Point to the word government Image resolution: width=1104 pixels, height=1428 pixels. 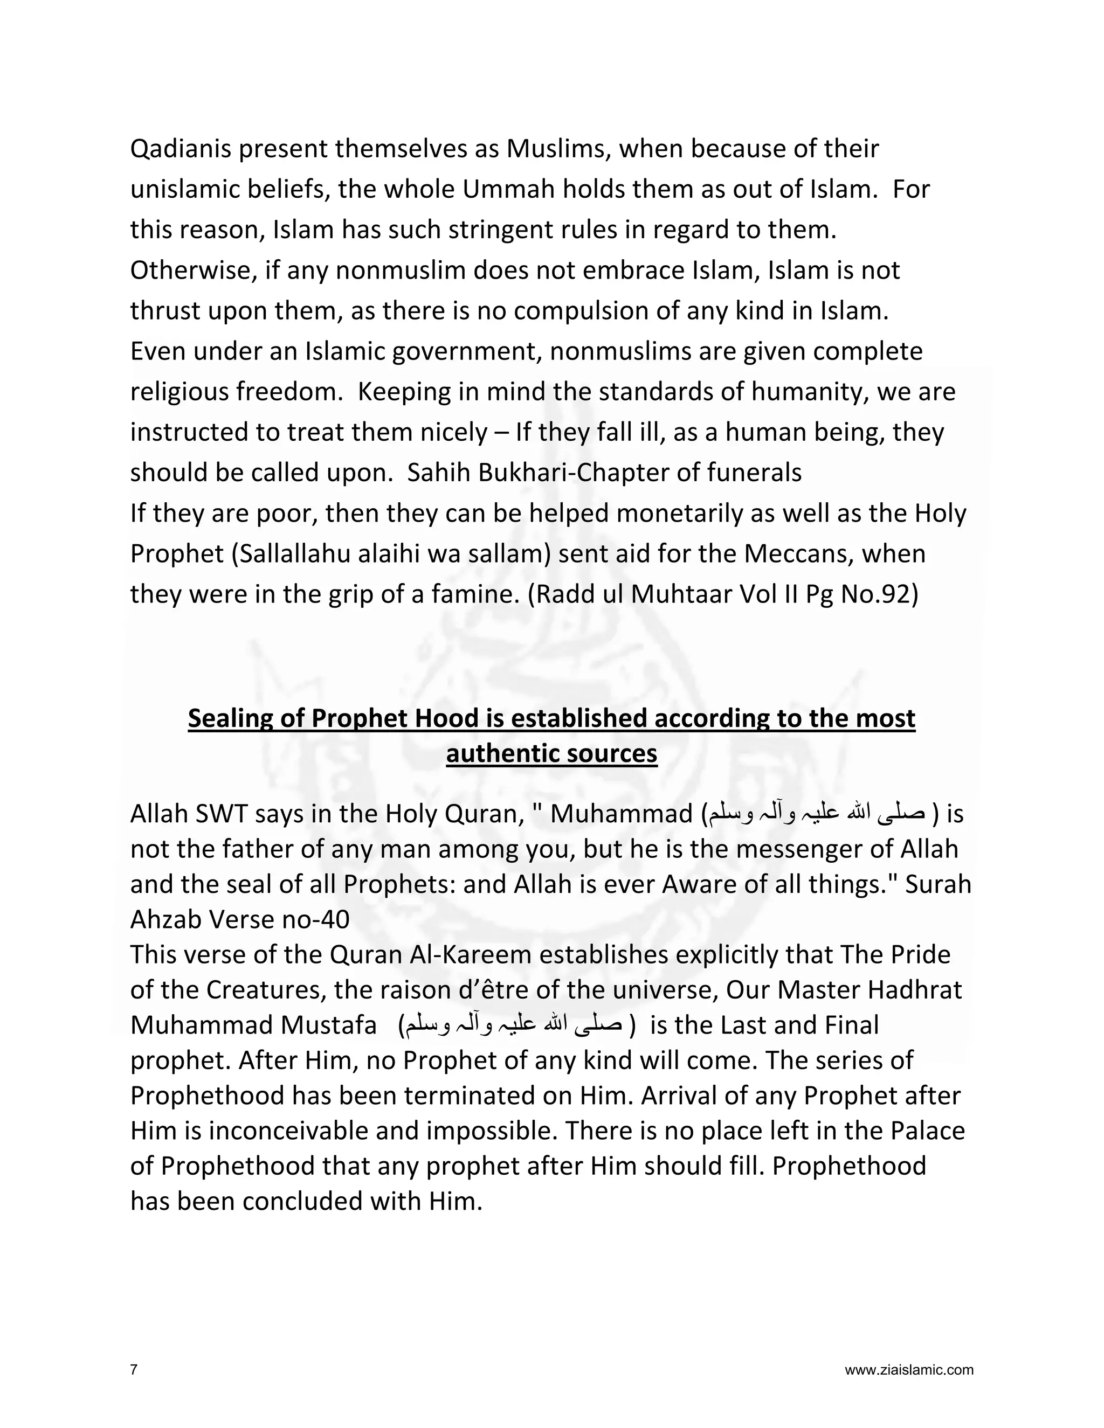[x=467, y=352]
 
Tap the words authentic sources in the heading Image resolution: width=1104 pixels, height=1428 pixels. [x=551, y=753]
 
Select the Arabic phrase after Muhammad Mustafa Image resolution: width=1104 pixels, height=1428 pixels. [x=516, y=1025]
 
